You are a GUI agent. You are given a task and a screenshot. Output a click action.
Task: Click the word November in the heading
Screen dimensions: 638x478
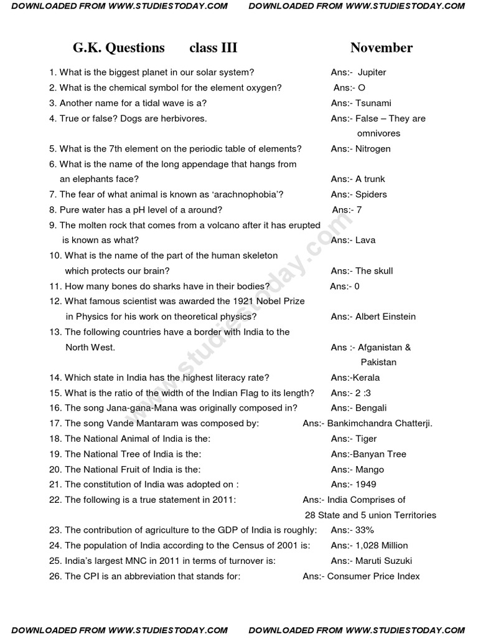coord(381,48)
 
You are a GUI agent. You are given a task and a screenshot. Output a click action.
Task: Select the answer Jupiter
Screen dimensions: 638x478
coord(372,72)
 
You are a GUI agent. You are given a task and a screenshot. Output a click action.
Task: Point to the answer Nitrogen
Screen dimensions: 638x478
coord(373,149)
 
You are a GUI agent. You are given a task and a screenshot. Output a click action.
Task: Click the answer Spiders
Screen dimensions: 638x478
coord(371,194)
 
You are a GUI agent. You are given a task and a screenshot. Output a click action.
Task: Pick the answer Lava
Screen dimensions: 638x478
coord(365,240)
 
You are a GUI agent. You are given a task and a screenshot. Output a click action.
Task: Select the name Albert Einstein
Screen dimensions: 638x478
coord(385,317)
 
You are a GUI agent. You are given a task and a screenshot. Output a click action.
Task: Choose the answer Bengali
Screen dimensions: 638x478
coord(371,408)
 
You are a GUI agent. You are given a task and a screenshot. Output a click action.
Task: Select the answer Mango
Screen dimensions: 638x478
coord(370,470)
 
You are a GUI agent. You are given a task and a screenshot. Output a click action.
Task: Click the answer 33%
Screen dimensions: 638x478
coord(365,530)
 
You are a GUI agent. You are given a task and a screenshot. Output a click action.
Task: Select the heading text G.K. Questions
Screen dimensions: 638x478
coord(119,48)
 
